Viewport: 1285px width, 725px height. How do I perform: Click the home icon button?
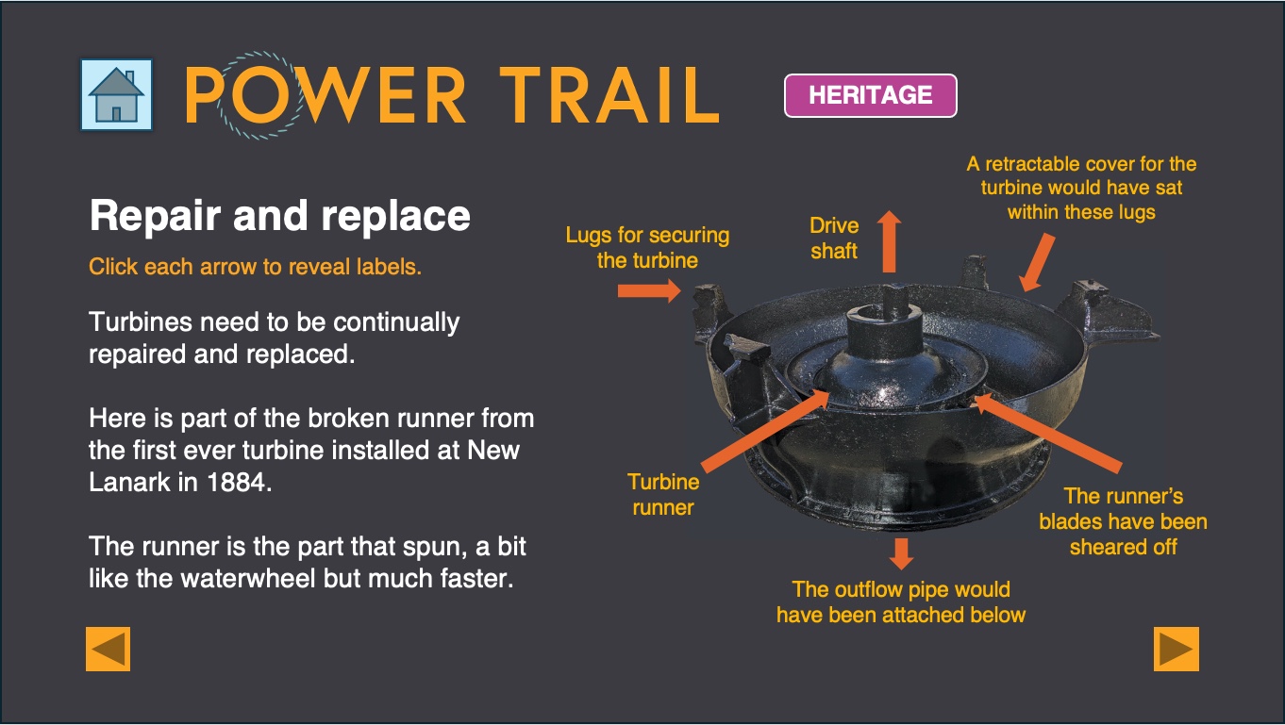pyautogui.click(x=116, y=94)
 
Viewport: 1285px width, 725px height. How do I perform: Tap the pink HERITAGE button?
pyautogui.click(x=870, y=95)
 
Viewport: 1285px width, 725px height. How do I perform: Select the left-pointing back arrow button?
pyautogui.click(x=108, y=649)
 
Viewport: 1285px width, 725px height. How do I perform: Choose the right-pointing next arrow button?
pyautogui.click(x=1176, y=649)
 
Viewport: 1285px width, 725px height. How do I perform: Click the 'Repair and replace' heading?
pyautogui.click(x=280, y=216)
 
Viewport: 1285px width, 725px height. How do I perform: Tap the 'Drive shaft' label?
pyautogui.click(x=834, y=238)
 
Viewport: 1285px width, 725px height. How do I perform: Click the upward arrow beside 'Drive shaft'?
pyautogui.click(x=889, y=241)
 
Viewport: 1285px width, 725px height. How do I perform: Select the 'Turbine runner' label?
pyautogui.click(x=663, y=495)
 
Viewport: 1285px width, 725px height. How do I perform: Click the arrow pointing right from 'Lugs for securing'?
pyautogui.click(x=649, y=290)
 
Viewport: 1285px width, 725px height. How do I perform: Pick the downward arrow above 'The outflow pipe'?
pyautogui.click(x=901, y=554)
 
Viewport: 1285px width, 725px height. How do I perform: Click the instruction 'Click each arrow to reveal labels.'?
pyautogui.click(x=256, y=267)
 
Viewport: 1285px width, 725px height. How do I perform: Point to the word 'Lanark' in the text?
pyautogui.click(x=129, y=483)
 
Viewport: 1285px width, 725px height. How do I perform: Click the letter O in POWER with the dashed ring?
pyautogui.click(x=261, y=94)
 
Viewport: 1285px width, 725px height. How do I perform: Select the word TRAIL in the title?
pyautogui.click(x=609, y=95)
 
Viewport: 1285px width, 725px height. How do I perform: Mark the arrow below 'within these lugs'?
pyautogui.click(x=1037, y=262)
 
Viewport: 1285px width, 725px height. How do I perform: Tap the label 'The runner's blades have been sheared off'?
pyautogui.click(x=1124, y=521)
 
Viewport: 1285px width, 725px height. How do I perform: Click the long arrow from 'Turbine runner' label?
pyautogui.click(x=765, y=432)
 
